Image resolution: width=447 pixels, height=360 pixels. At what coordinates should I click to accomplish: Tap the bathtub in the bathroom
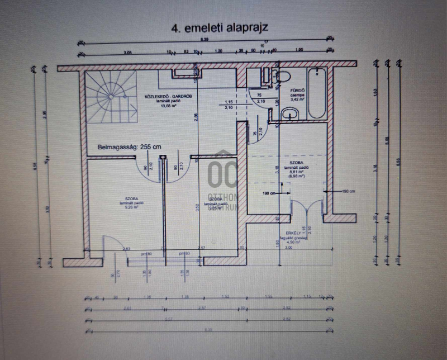pyautogui.click(x=317, y=93)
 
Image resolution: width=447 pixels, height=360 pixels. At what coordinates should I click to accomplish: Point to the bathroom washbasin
pyautogui.click(x=290, y=113)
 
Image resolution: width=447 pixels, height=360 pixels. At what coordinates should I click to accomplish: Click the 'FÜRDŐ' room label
pyautogui.click(x=296, y=90)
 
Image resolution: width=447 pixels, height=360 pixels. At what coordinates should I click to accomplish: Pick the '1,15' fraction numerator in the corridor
pyautogui.click(x=228, y=101)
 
